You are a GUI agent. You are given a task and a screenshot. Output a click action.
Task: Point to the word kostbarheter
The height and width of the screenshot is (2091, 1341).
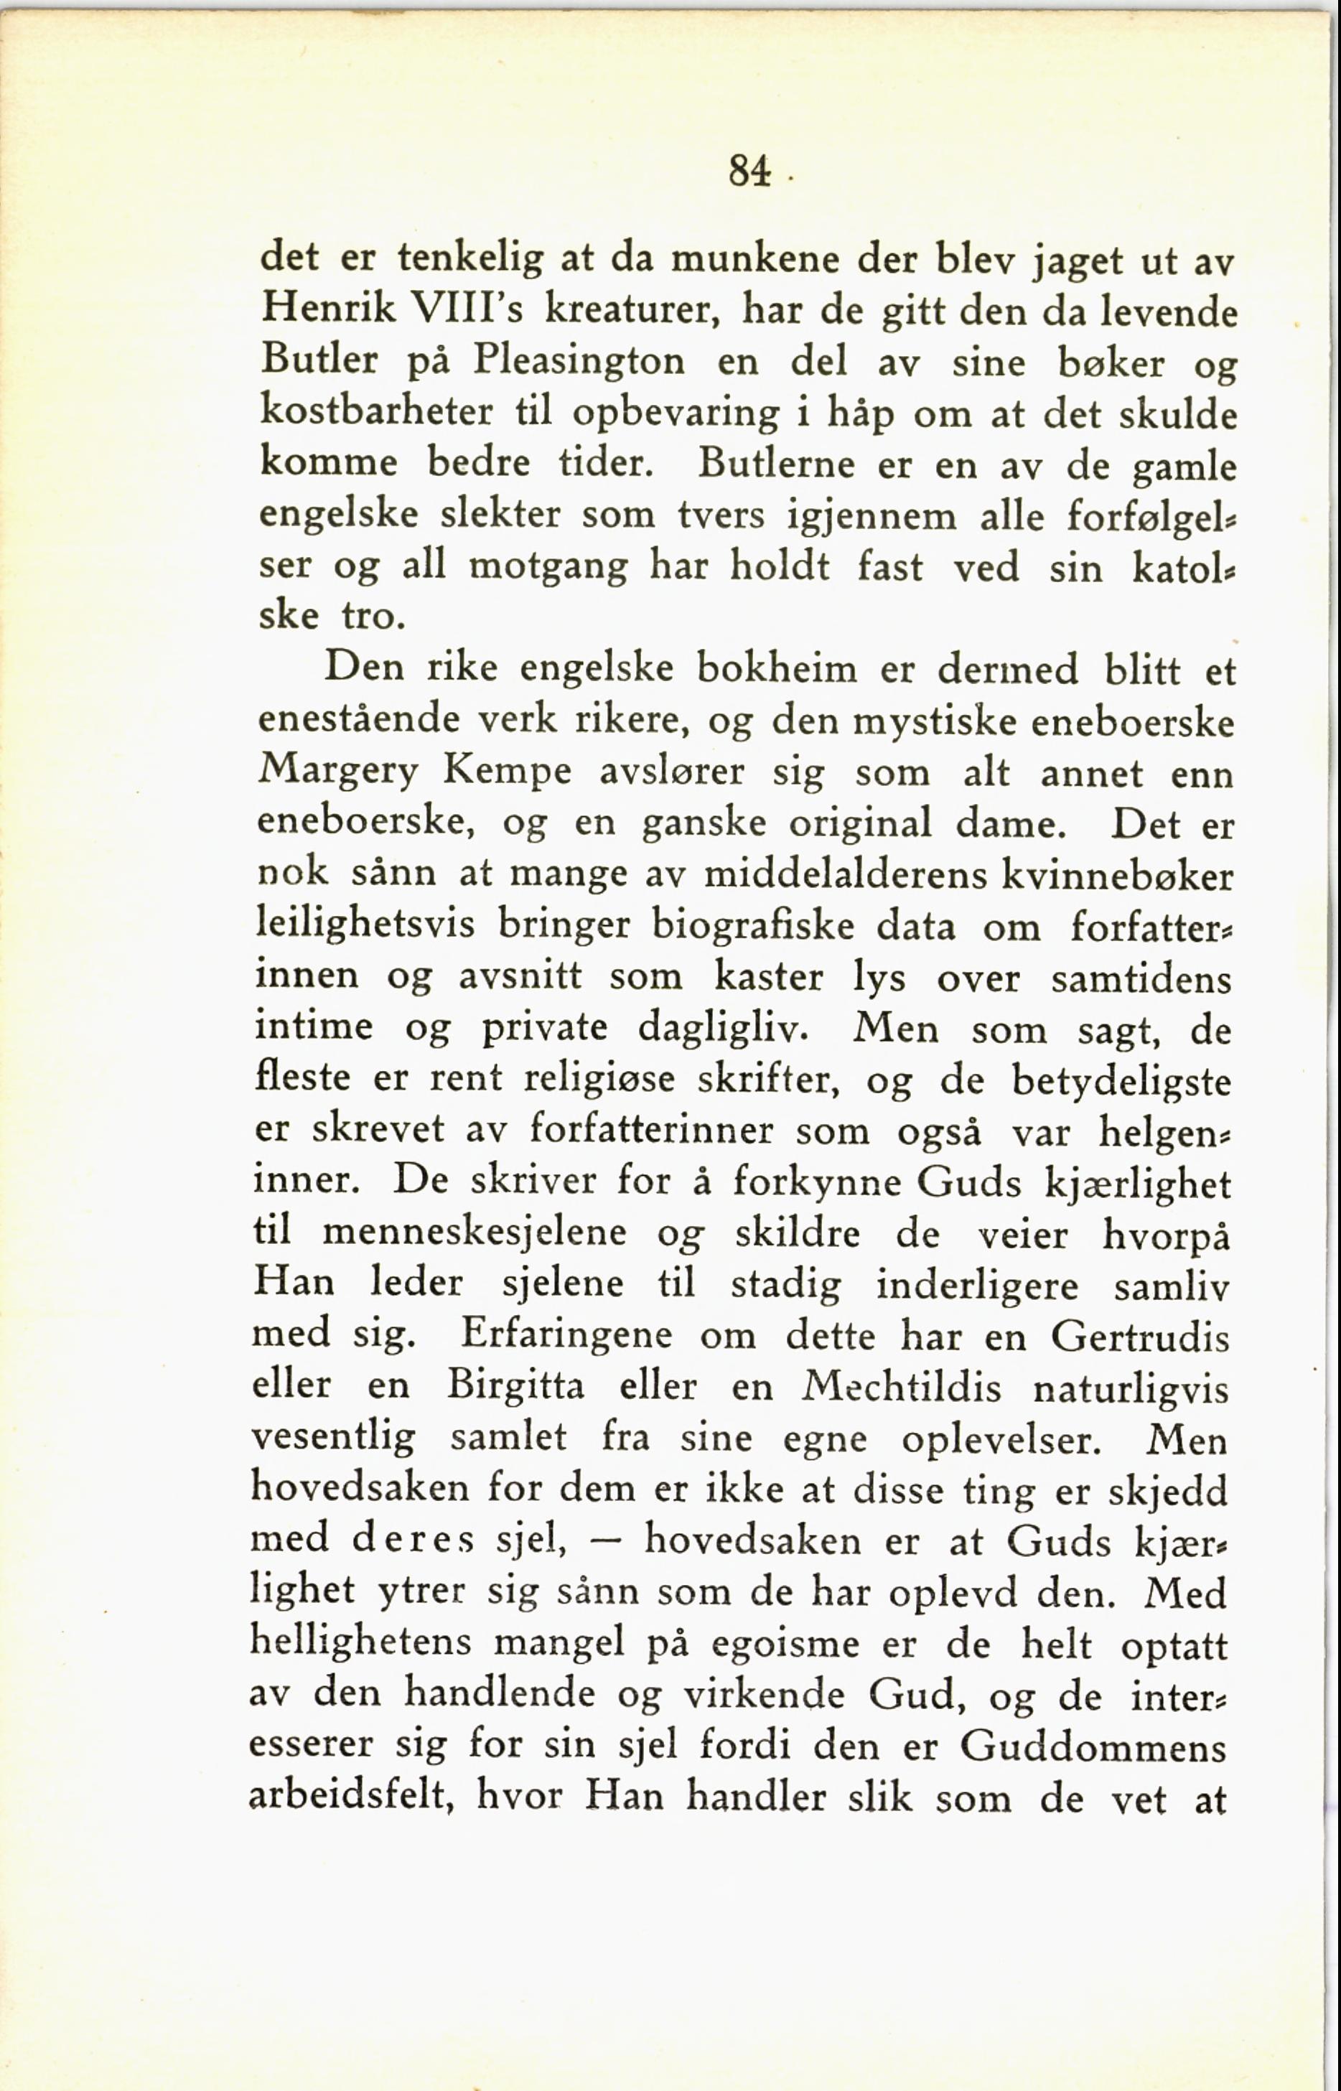376,413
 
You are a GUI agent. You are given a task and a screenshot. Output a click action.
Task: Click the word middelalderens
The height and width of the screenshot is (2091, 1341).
846,875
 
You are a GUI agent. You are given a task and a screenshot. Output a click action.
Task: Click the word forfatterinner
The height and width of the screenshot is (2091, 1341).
651,1131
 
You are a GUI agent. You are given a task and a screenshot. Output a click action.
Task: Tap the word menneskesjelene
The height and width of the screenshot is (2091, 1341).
474,1233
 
